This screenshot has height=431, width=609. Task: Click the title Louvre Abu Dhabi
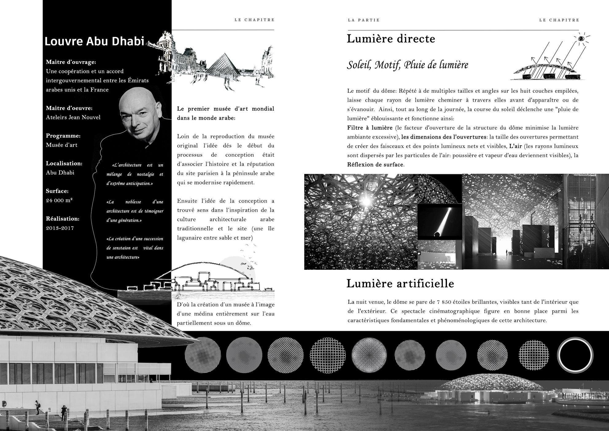tap(94, 41)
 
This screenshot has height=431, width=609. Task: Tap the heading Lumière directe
tap(391, 39)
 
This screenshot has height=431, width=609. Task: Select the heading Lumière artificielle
tap(400, 283)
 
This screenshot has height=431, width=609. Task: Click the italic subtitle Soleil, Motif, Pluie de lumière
tap(408, 65)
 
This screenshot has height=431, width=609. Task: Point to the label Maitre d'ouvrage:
tap(71, 62)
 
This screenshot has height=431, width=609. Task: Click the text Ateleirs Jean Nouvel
tap(73, 117)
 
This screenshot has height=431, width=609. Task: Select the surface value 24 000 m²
tap(59, 200)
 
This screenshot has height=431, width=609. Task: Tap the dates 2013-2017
tap(60, 228)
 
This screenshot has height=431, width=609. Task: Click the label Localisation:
tap(64, 163)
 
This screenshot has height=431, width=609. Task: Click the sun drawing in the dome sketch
tap(581, 39)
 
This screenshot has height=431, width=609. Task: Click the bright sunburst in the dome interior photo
tap(366, 201)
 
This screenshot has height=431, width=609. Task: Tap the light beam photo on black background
tap(440, 222)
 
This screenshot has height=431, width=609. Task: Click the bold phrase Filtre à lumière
tap(370, 128)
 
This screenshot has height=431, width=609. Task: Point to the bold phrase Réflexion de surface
tap(375, 165)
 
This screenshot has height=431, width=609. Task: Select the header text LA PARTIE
tap(364, 20)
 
